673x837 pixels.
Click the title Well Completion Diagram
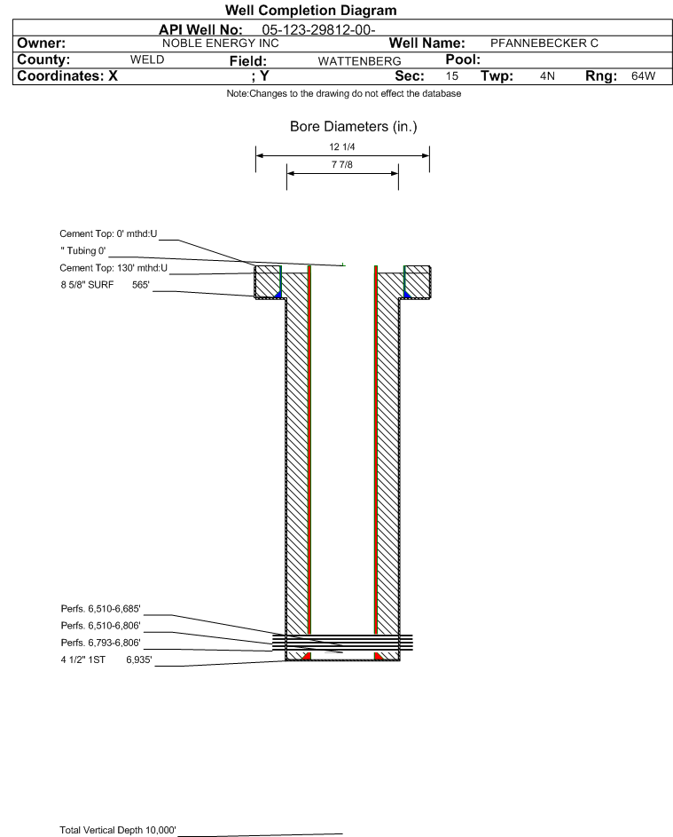click(311, 10)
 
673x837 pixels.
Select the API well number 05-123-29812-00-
click(318, 30)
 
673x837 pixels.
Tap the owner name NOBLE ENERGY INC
click(221, 43)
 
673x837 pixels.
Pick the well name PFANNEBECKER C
click(544, 43)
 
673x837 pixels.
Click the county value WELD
click(147, 59)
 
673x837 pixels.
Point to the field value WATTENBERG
click(359, 61)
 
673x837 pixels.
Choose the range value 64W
click(643, 75)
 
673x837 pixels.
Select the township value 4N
click(547, 75)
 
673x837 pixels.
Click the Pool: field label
click(463, 59)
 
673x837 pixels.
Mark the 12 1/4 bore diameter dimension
click(342, 146)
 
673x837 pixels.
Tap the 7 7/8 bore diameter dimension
click(342, 164)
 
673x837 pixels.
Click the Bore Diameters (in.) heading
click(354, 127)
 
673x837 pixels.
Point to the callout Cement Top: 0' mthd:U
click(108, 233)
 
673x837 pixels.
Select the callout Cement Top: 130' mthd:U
click(113, 268)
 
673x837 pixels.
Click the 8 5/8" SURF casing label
click(87, 285)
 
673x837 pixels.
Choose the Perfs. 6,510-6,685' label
click(100, 609)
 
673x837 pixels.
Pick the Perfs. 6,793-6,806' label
click(100, 643)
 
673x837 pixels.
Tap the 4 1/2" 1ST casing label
click(82, 659)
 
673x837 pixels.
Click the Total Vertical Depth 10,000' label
click(118, 830)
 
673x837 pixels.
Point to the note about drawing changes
click(344, 93)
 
